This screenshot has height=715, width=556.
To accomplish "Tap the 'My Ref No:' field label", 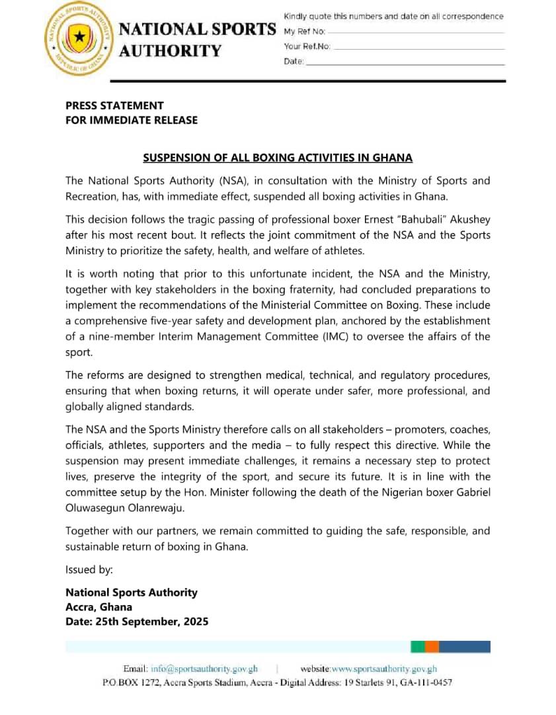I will (x=305, y=32).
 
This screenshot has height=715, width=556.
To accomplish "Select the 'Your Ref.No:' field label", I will (x=307, y=46).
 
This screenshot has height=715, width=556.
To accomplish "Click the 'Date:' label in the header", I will (x=294, y=62).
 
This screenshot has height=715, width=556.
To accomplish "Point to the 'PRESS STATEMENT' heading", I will (x=114, y=105).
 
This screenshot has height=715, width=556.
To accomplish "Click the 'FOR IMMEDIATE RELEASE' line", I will (x=131, y=120).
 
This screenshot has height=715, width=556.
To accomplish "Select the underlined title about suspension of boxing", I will (x=278, y=158).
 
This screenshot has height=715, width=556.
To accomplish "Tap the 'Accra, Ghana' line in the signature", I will (x=99, y=606).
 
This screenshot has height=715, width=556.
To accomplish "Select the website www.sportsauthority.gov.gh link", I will (x=383, y=669).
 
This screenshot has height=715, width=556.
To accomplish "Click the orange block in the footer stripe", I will (x=432, y=646).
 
